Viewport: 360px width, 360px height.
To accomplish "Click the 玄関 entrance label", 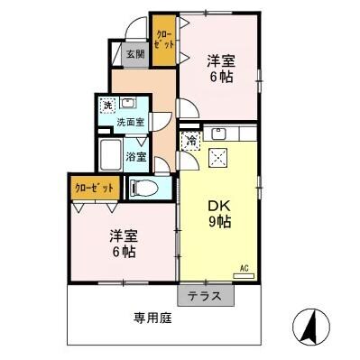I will point(134,53).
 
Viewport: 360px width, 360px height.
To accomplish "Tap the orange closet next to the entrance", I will point(163,42).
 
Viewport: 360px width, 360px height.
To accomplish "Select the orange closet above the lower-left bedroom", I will point(94,189).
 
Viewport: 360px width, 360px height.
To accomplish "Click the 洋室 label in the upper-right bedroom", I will point(221,60).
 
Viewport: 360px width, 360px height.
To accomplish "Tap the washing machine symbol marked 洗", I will point(107,104).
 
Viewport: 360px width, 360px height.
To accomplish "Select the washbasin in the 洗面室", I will point(128,103).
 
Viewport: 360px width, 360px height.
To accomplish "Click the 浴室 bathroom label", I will point(137,156).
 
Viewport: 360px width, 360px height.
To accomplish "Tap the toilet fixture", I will point(142,189).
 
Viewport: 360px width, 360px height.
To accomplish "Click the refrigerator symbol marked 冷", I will point(191,140).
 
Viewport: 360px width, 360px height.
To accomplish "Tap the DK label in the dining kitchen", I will point(218,204).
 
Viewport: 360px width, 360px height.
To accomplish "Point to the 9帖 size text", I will point(219,221).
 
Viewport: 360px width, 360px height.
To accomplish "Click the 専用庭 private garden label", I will point(153,318).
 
